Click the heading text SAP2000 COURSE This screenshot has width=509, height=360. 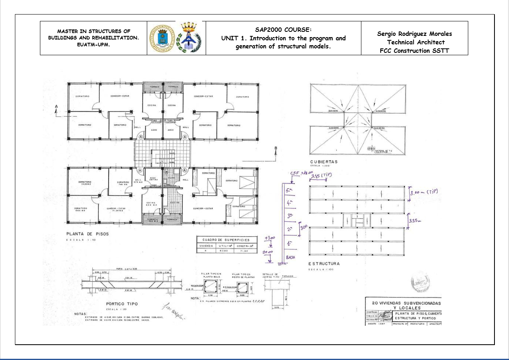[x=283, y=30]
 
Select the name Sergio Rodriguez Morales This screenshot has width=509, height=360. [x=414, y=34]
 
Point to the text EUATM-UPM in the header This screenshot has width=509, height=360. [x=93, y=45]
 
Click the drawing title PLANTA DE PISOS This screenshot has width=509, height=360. [x=88, y=234]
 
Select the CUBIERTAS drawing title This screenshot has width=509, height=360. [x=323, y=161]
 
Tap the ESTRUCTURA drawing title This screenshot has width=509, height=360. [x=324, y=264]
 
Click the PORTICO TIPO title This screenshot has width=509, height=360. [x=122, y=304]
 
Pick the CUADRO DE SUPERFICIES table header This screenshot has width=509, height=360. [x=226, y=239]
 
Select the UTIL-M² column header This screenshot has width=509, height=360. [x=226, y=245]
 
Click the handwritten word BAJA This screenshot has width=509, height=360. [x=290, y=257]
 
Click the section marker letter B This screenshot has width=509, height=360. [x=276, y=148]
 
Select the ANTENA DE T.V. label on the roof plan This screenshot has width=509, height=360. [x=379, y=151]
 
